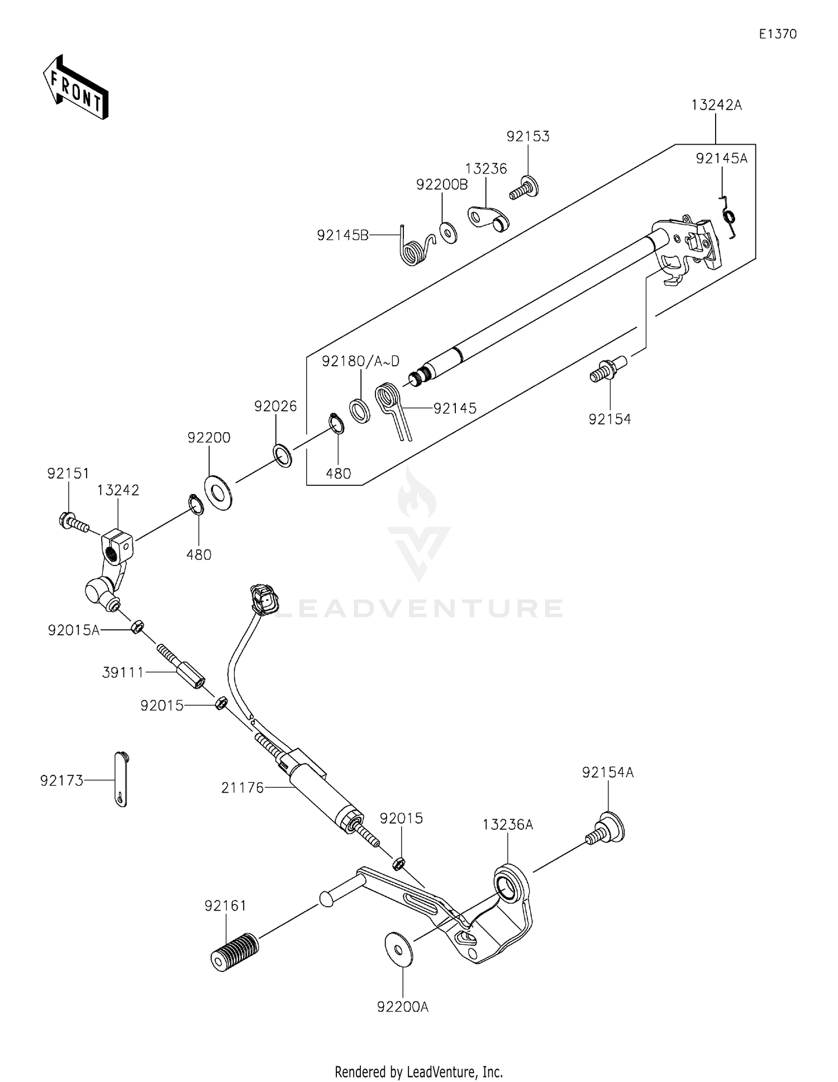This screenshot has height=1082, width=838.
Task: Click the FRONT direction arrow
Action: point(75,88)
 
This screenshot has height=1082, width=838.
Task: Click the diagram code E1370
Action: point(778,34)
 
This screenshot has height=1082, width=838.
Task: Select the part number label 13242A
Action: point(716,105)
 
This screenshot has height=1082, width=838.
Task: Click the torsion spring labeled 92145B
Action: point(414,247)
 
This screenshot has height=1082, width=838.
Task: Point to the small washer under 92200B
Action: point(448,232)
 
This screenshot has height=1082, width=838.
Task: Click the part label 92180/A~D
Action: point(360,361)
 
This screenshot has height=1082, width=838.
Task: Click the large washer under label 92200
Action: point(218,492)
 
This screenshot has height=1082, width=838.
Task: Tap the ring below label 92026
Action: point(283,456)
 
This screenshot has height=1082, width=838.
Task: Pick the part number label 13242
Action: point(118,490)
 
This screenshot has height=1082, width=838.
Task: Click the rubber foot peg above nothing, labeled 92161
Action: point(235,951)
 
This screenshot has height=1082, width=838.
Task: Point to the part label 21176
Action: point(242,788)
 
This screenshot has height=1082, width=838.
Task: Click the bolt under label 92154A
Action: point(606,829)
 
